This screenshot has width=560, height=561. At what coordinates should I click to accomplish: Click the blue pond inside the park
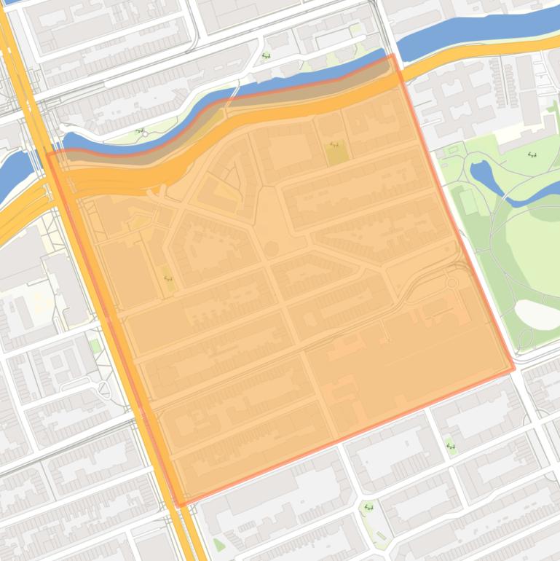pos(483,175)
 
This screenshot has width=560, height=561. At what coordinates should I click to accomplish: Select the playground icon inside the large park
pos(532,154)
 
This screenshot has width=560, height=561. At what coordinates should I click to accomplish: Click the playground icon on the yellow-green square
pos(334,145)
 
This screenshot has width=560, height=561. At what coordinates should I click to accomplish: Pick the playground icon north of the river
pos(266,56)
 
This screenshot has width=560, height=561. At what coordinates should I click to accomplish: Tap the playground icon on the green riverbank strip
pos(139,132)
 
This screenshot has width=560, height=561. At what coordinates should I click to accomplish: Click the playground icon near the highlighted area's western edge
pos(167,278)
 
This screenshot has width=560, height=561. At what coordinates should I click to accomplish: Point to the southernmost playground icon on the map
pos(368,508)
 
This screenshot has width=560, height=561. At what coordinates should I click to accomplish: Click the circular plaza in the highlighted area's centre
pos(271,249)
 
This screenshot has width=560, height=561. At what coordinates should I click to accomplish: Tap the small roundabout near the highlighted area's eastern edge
pos(451,283)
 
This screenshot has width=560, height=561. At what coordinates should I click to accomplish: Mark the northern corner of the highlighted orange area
pos(393,55)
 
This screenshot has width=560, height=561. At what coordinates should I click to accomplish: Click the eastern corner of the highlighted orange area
pos(513,369)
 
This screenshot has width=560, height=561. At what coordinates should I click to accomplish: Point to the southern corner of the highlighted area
pos(178,504)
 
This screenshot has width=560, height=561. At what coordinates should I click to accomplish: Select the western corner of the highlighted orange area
pos(49,154)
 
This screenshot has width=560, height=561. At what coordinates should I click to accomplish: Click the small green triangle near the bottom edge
pos(219,544)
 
